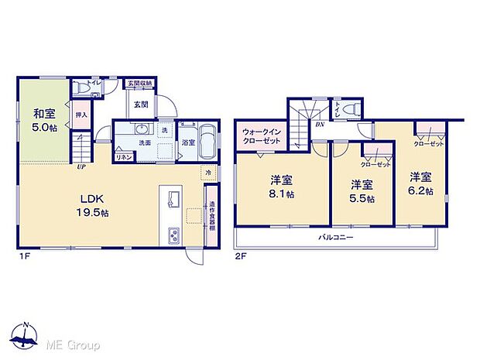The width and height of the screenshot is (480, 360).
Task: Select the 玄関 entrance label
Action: pos(140,104)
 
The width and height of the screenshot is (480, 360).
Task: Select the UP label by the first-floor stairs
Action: pos(81,165)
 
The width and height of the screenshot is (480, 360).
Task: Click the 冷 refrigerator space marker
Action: pos(207,171)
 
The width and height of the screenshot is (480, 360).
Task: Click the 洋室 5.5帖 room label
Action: pos(361,191)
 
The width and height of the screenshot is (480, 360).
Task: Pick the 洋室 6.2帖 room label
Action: pos(420,183)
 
